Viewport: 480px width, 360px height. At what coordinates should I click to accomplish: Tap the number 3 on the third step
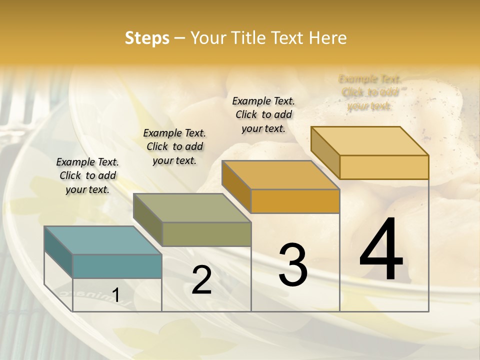pos(293,265)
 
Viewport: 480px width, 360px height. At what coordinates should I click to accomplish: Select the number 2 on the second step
pos(201,280)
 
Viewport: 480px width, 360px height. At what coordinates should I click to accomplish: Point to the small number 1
pos(116,295)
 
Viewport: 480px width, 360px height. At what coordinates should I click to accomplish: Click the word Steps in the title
pos(147,38)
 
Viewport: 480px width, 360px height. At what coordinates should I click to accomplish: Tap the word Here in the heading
pos(328,38)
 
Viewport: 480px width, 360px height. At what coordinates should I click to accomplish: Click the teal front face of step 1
pos(117,266)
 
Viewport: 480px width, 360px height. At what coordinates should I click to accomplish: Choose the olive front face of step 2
pos(206,234)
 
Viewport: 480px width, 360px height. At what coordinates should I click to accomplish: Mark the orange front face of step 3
pos(295,201)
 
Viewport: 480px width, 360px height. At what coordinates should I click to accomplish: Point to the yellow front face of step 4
pos(384,167)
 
